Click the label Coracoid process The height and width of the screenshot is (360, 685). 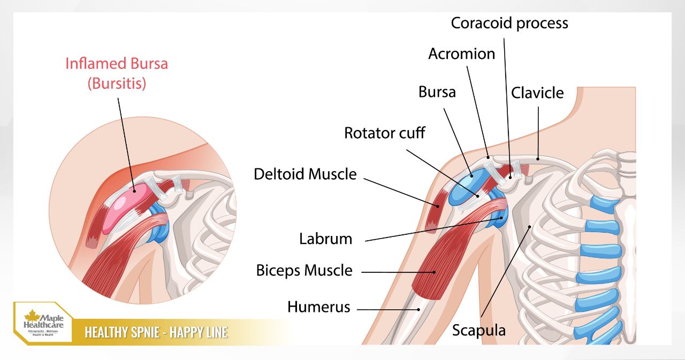click(509, 23)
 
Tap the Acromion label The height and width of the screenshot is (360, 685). click(461, 53)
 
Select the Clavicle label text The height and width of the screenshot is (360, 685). click(537, 93)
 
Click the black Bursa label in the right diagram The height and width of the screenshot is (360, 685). click(437, 92)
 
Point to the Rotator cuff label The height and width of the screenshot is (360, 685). click(384, 133)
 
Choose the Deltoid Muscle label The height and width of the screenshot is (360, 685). click(305, 174)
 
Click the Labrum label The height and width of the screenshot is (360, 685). click(325, 239)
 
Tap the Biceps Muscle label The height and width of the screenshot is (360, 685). click(304, 270)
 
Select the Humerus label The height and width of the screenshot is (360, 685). click(318, 307)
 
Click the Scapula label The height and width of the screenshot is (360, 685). click(478, 330)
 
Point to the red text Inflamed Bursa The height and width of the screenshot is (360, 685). click(117, 64)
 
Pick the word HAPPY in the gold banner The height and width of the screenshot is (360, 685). click(191, 333)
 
